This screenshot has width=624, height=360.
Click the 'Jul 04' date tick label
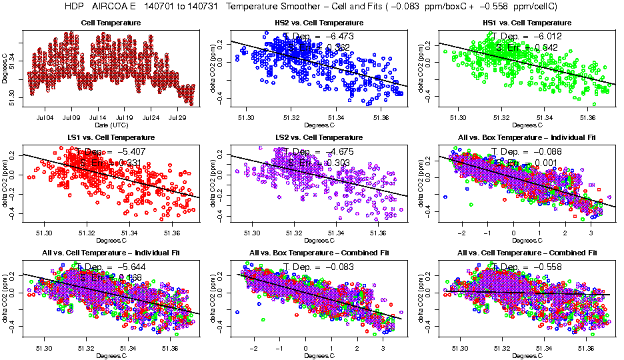45,117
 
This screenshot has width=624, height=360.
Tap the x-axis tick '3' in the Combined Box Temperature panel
382,347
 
